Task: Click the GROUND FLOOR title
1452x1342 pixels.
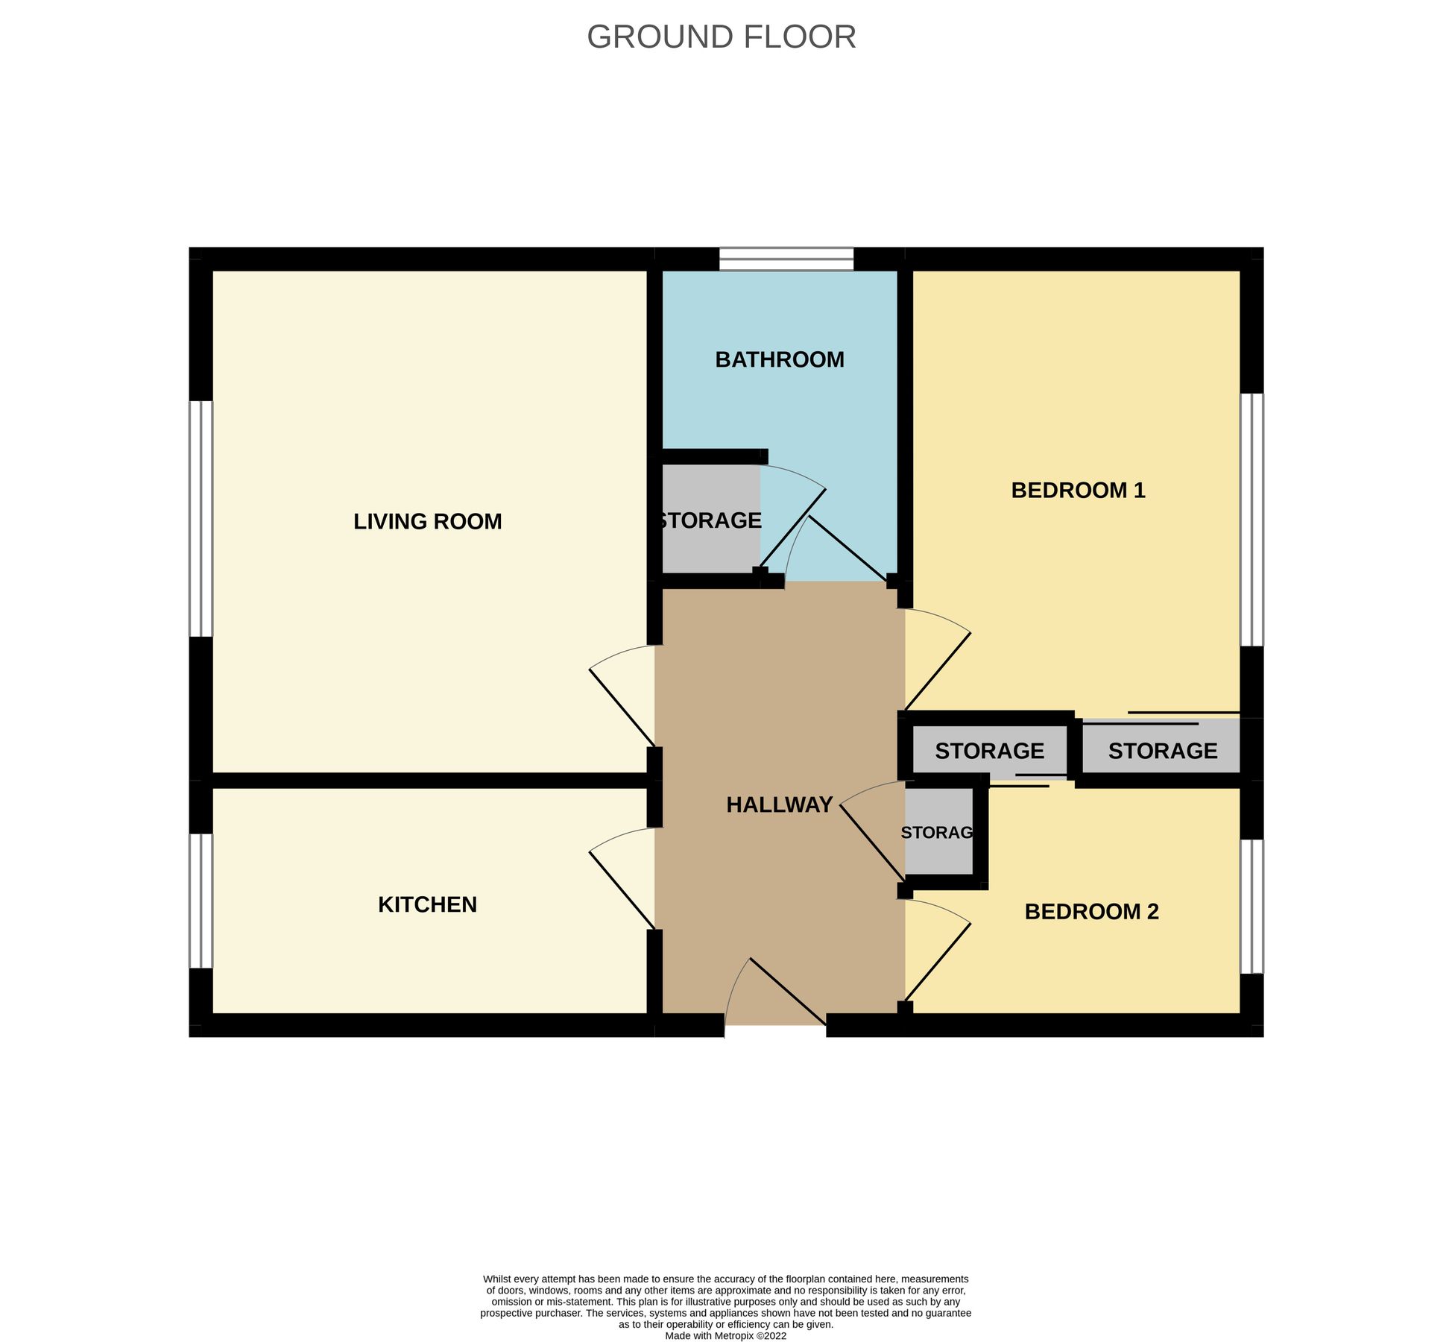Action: (721, 37)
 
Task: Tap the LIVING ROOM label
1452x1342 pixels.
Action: (427, 522)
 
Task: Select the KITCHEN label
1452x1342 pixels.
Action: (427, 904)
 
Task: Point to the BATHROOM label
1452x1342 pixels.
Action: (780, 360)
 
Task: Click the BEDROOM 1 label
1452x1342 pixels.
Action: (1078, 491)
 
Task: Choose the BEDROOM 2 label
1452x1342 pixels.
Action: (1091, 912)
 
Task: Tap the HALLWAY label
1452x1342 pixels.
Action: (779, 805)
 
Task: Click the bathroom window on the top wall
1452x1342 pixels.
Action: (786, 259)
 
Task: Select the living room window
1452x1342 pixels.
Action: (201, 519)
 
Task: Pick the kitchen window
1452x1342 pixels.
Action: (201, 901)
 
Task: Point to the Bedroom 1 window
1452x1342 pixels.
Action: (1251, 520)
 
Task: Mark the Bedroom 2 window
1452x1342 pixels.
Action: (1251, 907)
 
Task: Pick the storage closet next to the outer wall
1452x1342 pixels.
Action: (1161, 751)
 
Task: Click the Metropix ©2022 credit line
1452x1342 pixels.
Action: (725, 1336)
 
